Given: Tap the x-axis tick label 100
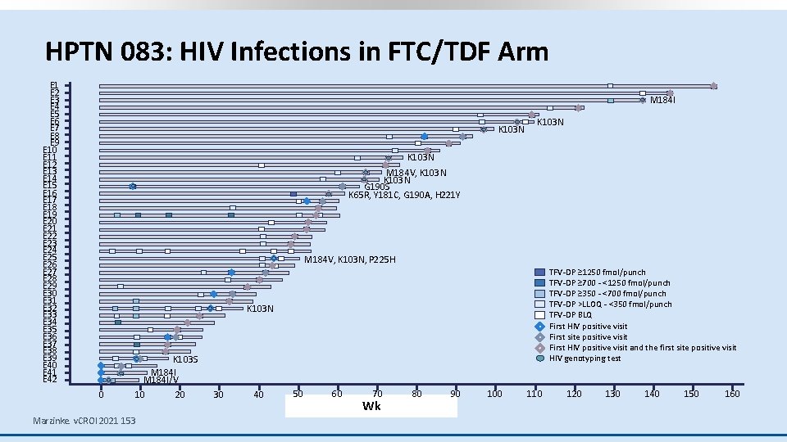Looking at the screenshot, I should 494,395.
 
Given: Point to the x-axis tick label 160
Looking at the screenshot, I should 731,395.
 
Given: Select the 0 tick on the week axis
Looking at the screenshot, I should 101,395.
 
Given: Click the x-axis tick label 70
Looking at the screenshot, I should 377,395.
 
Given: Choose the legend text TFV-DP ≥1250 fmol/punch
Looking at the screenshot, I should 597,273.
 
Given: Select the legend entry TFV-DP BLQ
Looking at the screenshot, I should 571,315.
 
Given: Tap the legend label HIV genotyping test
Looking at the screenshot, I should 585,359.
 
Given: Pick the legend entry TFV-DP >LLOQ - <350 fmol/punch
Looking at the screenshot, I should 610,304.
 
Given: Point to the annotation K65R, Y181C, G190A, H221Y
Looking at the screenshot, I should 404,195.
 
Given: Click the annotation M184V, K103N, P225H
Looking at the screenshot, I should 350,260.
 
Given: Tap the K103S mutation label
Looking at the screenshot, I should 185,359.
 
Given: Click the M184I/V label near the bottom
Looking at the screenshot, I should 161,380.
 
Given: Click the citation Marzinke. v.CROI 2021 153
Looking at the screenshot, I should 84,421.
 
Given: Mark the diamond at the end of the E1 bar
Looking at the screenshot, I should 713,86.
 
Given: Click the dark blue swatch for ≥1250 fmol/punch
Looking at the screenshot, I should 539,273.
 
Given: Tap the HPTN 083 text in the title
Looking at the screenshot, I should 95,52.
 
